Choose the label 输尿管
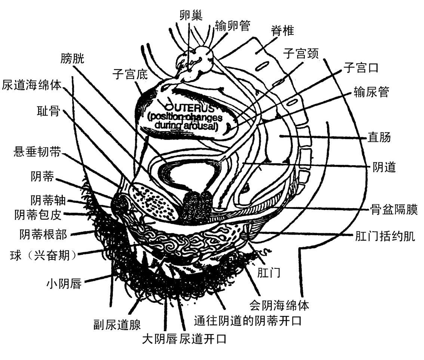(372, 92)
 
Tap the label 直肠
(381, 138)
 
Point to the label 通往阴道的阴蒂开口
(248, 321)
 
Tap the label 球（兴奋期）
(44, 256)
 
